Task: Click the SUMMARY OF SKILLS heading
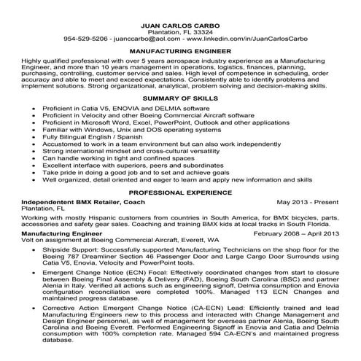[180, 98]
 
